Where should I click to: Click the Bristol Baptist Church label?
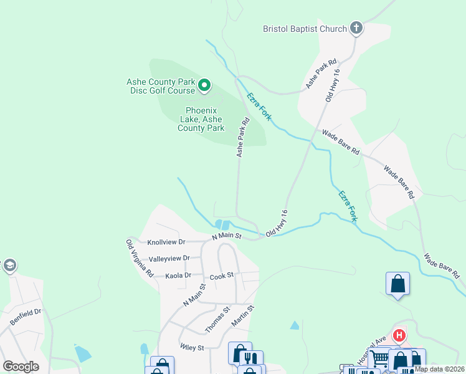click(304, 29)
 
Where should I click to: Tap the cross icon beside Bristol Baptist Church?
click(356, 28)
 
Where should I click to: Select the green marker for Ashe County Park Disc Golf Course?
click(204, 85)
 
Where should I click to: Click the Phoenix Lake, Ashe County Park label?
click(201, 119)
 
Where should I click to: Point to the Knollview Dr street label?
click(166, 242)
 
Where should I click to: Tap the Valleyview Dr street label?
click(169, 259)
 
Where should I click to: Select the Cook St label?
click(221, 276)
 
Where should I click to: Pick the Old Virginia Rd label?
click(139, 258)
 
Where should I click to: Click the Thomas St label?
click(217, 319)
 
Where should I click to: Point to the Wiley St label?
click(192, 347)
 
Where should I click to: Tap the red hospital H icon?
click(399, 335)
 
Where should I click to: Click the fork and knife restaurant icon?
click(251, 358)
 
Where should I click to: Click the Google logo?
click(21, 367)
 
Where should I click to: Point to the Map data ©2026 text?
click(439, 369)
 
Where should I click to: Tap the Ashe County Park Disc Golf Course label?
click(161, 86)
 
